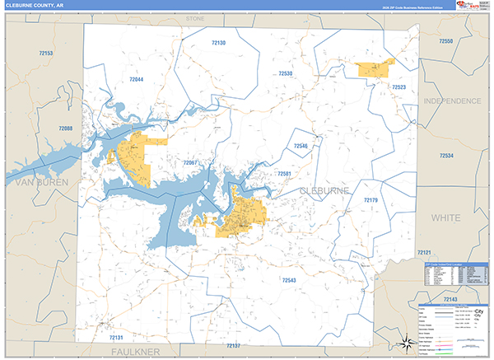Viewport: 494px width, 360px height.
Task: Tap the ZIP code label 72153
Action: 46,53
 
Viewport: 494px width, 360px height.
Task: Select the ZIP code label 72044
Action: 136,79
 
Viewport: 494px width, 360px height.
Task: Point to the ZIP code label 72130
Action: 218,42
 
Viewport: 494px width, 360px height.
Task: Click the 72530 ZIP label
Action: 285,74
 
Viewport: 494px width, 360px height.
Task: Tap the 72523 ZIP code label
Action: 399,86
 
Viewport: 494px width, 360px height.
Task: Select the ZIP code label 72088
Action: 65,129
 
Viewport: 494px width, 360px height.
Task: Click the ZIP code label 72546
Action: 301,146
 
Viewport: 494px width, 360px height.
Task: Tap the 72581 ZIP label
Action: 285,174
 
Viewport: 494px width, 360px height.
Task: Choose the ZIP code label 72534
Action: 446,155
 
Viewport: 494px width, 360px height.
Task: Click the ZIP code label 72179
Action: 370,200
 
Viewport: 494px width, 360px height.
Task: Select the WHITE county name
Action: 445,217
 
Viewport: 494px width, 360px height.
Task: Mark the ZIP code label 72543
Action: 289,280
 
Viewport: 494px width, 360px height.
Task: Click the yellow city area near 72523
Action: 375,68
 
